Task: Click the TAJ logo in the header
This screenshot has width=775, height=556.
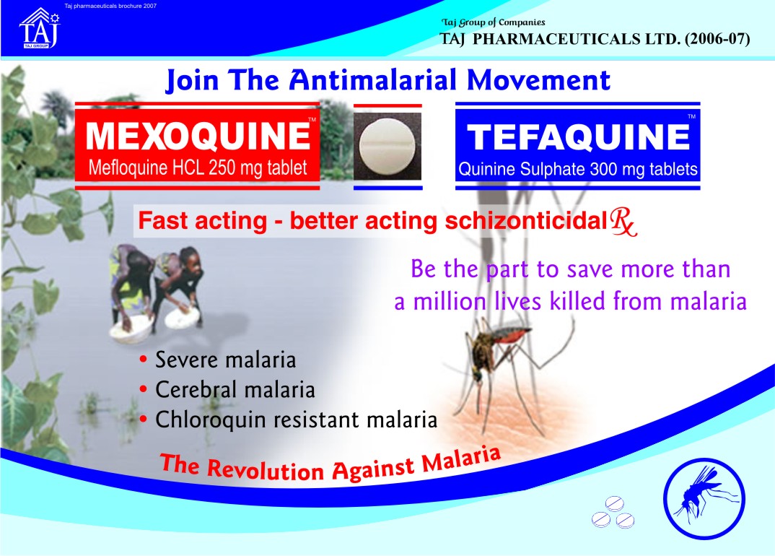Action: pos(40,28)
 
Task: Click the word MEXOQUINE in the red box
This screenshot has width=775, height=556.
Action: pos(198,136)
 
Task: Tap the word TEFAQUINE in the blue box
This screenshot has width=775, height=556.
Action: pos(578,136)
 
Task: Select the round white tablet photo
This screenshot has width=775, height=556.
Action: pos(387,147)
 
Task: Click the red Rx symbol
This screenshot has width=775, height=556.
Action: pos(623,222)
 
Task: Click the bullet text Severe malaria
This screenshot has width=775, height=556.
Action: pos(225,360)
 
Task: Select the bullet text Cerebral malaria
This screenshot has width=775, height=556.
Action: pos(235,390)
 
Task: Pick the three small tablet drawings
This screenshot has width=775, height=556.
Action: pos(613,512)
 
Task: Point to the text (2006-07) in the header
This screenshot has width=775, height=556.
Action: pos(717,38)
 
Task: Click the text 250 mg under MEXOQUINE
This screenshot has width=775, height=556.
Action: pos(235,168)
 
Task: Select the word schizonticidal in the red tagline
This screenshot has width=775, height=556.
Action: pos(526,221)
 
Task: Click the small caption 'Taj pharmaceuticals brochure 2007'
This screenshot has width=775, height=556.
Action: pos(110,6)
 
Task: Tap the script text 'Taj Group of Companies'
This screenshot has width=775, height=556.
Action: pos(494,22)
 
